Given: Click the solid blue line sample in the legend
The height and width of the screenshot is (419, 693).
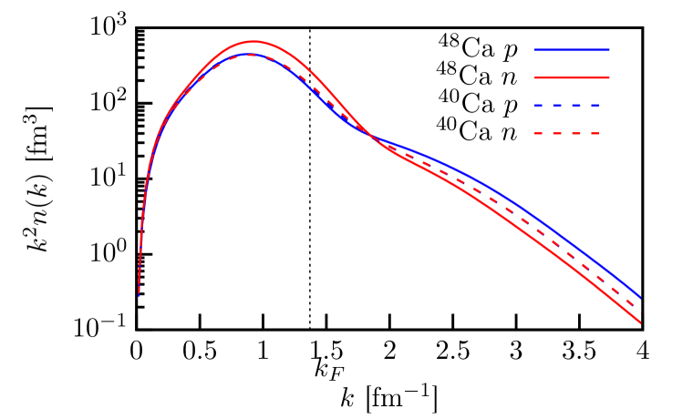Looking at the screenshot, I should click(x=572, y=50).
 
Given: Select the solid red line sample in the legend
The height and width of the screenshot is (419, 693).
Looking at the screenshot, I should click(x=572, y=77).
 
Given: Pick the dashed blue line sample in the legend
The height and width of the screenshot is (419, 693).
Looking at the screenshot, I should click(x=567, y=106).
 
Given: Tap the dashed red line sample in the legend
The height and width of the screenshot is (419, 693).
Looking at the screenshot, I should click(x=567, y=134).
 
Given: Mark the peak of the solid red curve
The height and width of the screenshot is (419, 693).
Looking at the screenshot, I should click(x=253, y=41).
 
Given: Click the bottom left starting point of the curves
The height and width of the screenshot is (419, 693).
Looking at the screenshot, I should click(x=139, y=294).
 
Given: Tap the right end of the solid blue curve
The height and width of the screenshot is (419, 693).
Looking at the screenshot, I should click(x=641, y=297).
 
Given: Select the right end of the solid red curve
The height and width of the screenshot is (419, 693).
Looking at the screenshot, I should click(x=641, y=323).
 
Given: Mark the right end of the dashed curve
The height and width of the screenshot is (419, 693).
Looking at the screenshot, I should click(x=641, y=313).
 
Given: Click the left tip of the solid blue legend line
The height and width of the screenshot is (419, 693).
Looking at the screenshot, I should click(x=535, y=50).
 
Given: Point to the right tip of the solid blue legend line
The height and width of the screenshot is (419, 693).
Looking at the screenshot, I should click(x=609, y=50).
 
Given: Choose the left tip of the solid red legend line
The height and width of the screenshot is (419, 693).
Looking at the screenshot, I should click(x=535, y=77).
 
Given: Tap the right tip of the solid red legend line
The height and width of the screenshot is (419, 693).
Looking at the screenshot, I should click(x=609, y=77).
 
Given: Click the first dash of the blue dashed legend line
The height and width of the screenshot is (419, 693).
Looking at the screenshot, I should click(x=540, y=106).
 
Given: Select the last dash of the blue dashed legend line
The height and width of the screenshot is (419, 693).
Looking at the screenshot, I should click(x=595, y=106).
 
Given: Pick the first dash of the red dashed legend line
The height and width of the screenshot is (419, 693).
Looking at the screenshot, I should click(x=539, y=134).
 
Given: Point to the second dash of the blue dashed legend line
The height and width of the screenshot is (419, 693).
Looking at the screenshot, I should click(x=558, y=106).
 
